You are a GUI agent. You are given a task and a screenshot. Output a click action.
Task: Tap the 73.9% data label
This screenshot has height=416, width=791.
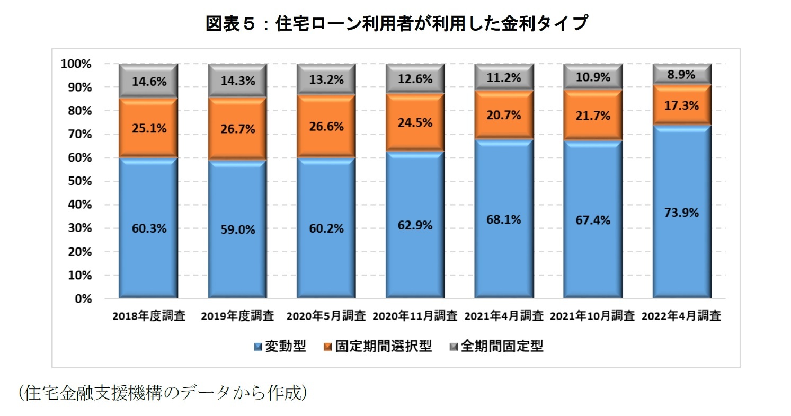[681, 213]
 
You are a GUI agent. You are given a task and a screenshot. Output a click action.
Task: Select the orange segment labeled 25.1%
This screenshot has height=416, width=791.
[148, 127]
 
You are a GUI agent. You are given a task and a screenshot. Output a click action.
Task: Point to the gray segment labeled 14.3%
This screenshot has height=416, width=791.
[237, 81]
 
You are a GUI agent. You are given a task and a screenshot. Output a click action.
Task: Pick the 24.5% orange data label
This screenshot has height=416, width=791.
[414, 122]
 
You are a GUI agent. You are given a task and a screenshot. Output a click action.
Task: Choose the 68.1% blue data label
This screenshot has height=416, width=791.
[503, 219]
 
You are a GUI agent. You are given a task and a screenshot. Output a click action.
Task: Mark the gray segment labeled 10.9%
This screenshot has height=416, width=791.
[592, 77]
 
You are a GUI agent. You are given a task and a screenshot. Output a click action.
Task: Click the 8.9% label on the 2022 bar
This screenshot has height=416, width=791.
[681, 75]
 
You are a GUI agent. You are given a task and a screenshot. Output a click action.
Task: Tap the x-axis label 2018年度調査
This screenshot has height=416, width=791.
[148, 316]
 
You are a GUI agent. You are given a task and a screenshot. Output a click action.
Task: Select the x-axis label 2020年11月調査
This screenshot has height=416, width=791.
[415, 316]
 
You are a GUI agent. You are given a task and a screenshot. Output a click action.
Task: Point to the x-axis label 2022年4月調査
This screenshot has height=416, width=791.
[681, 316]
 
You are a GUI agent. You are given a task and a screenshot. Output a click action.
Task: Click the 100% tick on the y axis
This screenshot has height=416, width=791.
[76, 64]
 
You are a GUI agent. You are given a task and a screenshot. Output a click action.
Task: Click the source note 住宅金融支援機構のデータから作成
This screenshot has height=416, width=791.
[162, 393]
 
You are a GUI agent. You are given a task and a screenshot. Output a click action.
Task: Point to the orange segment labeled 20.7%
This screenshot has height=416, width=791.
[503, 115]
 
